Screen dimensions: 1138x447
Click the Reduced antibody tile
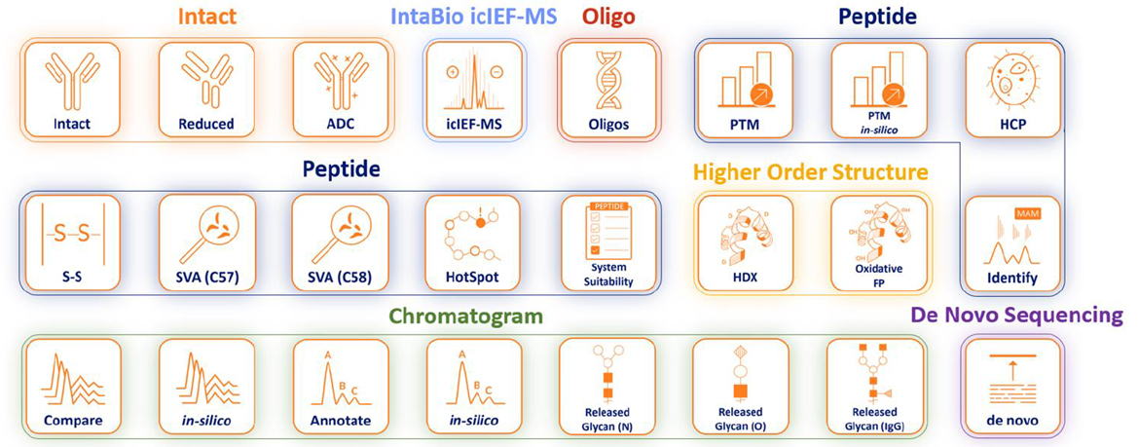pos(206,90)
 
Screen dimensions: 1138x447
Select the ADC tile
pos(341,90)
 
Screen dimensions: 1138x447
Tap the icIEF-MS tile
pos(474,90)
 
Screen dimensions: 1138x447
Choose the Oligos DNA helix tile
pos(608,90)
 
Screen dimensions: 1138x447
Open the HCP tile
pos(1012,90)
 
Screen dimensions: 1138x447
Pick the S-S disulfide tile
pos(73,242)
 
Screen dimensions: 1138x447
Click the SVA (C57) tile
pos(206,242)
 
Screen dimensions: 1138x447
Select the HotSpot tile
pos(474,242)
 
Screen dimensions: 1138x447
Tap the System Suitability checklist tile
pos(608,242)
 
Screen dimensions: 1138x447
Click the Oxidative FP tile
pos(879,242)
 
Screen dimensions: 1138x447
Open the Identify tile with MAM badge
pos(1012,242)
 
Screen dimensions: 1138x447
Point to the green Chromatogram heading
pos(465,317)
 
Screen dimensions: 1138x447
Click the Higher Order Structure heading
pos(810,172)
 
